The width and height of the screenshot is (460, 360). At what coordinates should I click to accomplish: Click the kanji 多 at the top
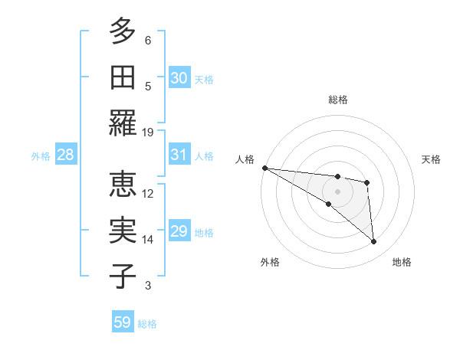pos(123,32)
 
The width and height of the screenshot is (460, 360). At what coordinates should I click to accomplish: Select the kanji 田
pos(123,77)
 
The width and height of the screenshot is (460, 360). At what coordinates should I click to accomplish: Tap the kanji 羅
pos(123,123)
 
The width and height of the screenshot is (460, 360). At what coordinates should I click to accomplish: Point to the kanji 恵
pos(123,184)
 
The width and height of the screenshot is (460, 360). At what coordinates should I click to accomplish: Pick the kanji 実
pos(123,230)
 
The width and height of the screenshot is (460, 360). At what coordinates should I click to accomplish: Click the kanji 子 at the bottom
pos(123,276)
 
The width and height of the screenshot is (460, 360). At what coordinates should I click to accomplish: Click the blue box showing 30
pos(179,78)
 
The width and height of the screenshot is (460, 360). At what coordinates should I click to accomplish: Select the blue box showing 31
pos(179,155)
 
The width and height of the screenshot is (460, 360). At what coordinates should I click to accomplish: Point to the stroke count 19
pos(148,132)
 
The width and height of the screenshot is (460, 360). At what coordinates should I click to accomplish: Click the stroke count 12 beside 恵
pos(148,193)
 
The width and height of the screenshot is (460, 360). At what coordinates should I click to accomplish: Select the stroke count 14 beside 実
pos(148,240)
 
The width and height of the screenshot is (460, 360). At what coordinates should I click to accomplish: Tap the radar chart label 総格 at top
pos(337,100)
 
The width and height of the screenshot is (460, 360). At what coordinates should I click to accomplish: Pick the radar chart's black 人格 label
pos(245,159)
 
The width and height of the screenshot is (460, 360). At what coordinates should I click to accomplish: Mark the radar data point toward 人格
pos(264,168)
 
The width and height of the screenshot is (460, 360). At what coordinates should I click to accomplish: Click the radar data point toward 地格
pos(374,242)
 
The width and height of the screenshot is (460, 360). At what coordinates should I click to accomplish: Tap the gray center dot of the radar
pos(337,191)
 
